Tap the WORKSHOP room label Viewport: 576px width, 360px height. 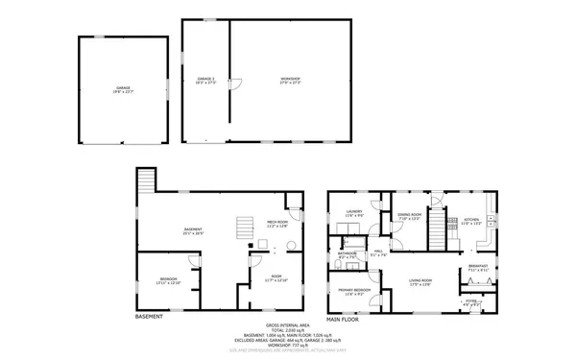point(289,80)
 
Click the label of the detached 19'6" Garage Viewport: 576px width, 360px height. point(123,89)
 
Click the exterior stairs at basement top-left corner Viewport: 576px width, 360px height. point(146,180)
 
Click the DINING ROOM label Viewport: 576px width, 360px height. point(410,216)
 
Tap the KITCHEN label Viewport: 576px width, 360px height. point(471,222)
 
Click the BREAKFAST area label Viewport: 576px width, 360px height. point(477,269)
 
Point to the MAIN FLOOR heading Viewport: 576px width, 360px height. point(343,318)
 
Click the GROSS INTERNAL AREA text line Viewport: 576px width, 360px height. point(288,324)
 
